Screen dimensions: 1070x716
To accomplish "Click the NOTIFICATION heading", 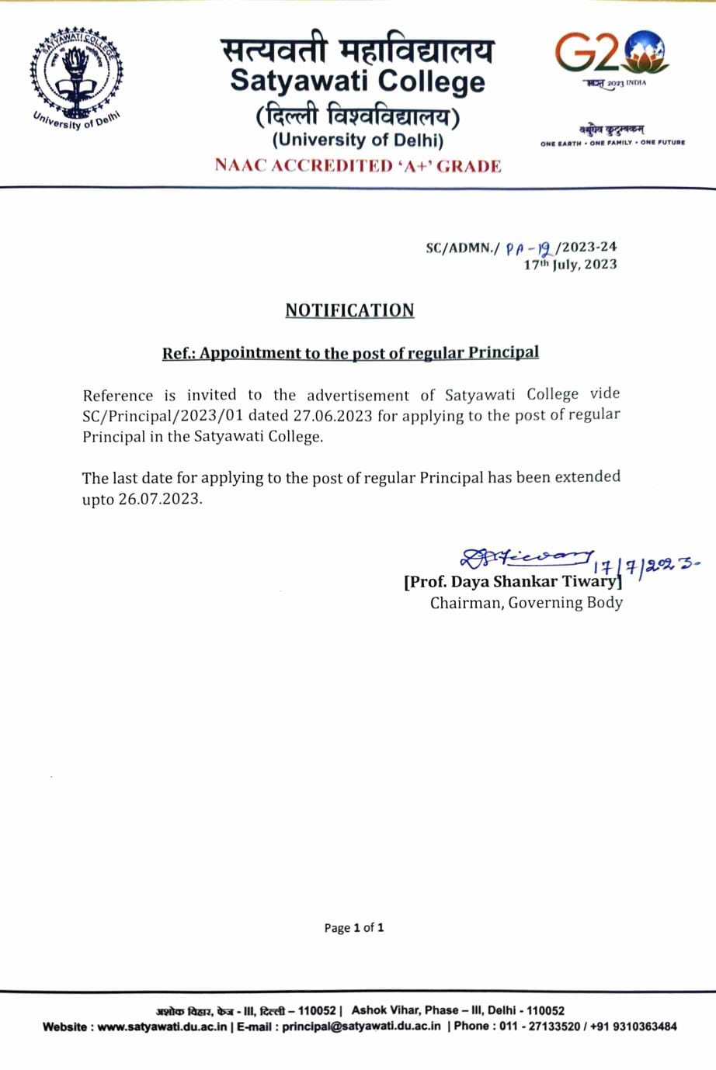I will pyautogui.click(x=349, y=310).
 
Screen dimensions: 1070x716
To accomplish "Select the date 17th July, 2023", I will pyautogui.click(x=570, y=265).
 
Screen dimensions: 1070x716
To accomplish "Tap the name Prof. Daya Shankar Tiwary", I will pyautogui.click(x=513, y=582).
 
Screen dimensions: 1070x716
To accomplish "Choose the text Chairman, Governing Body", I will pyautogui.click(x=527, y=603).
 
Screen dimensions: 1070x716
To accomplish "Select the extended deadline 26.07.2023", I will pyautogui.click(x=159, y=499).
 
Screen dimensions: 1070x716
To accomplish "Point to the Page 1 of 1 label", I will pyautogui.click(x=354, y=928).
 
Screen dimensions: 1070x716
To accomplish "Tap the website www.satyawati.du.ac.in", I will pyautogui.click(x=162, y=1027).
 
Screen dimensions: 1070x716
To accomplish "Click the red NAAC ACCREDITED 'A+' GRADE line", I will pyautogui.click(x=358, y=165).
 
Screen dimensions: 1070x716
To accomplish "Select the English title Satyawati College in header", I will pyautogui.click(x=358, y=81).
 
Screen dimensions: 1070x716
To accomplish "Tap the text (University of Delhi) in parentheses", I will pyautogui.click(x=358, y=140).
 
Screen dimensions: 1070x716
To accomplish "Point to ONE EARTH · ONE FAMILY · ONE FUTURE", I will pyautogui.click(x=613, y=143).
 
